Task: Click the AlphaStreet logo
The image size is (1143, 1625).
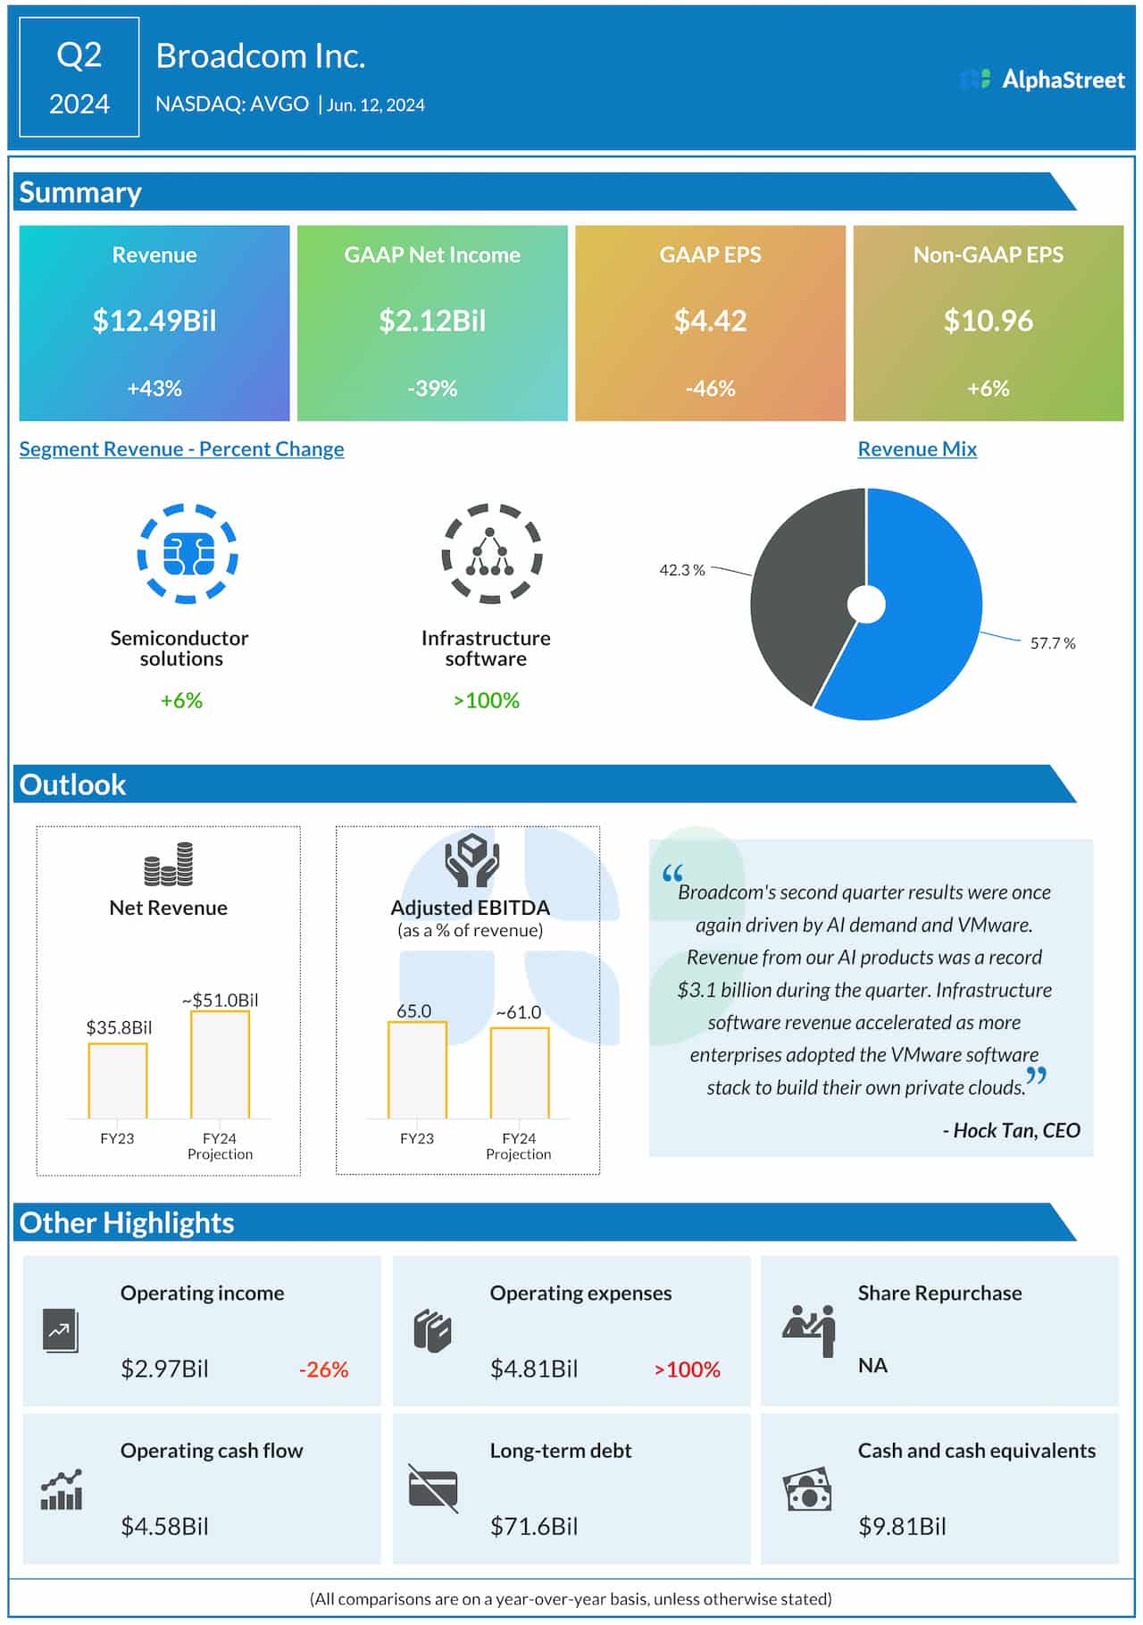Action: coord(1042,80)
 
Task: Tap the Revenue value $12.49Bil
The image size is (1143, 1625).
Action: coord(154,321)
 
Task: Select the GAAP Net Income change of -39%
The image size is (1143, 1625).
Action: coord(432,389)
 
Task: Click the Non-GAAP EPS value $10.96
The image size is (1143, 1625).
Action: coord(988,321)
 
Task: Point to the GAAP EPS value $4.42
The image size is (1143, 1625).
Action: coord(710,321)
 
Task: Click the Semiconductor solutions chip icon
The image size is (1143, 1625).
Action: coord(188,554)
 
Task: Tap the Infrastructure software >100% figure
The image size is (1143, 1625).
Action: coord(486,700)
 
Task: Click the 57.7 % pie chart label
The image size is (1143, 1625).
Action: coord(1052,643)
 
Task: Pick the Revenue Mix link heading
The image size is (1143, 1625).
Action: coord(917,449)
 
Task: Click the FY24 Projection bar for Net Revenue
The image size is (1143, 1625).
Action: coord(220,1064)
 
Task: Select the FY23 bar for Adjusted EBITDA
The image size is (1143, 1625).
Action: coord(417,1069)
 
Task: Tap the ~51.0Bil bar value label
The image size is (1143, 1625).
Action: coord(220,1000)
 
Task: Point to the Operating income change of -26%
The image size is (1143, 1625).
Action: coord(323,1370)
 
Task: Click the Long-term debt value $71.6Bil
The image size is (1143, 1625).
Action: coord(533,1526)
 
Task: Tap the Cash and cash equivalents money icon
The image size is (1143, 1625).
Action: coord(807,1489)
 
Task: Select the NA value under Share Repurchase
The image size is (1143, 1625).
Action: coord(872,1365)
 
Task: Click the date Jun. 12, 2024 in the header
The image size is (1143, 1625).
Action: coord(375,105)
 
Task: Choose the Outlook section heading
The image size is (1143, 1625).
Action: coord(72,784)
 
